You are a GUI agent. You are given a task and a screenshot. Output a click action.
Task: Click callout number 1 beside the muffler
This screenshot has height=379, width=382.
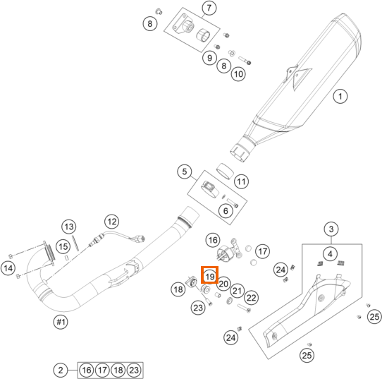pyautogui.click(x=340, y=96)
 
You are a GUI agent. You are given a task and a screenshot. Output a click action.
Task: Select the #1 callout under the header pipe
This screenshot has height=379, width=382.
pyautogui.click(x=61, y=322)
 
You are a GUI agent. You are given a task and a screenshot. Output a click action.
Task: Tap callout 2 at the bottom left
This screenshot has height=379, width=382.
pyautogui.click(x=61, y=370)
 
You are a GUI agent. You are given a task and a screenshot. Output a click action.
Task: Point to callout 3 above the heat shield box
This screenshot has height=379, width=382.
pyautogui.click(x=331, y=229)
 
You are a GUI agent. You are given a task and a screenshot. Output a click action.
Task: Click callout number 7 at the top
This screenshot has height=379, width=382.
pyautogui.click(x=209, y=8)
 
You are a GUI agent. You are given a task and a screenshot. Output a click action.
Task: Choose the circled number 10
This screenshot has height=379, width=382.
pyautogui.click(x=238, y=73)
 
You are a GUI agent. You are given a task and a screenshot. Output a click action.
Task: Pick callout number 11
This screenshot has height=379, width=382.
pyautogui.click(x=242, y=181)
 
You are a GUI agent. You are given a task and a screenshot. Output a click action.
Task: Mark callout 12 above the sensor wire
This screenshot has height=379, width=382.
pyautogui.click(x=112, y=222)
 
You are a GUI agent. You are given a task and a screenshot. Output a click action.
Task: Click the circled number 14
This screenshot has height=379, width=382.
pyautogui.click(x=8, y=268)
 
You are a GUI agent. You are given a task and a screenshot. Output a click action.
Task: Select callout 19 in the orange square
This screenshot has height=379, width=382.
pyautogui.click(x=209, y=277)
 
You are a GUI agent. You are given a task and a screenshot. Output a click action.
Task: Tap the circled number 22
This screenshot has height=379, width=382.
pyautogui.click(x=251, y=298)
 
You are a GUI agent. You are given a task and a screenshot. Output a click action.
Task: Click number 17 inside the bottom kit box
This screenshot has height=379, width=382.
pyautogui.click(x=102, y=371)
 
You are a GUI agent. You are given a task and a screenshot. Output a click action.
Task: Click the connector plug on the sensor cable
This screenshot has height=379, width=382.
pyautogui.click(x=140, y=239)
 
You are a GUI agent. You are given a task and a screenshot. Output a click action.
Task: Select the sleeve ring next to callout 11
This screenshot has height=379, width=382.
pyautogui.click(x=225, y=172)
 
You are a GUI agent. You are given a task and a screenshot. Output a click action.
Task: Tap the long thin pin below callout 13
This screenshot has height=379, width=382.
pyautogui.click(x=75, y=243)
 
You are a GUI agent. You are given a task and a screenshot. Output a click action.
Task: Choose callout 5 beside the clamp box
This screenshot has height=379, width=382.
pyautogui.click(x=185, y=172)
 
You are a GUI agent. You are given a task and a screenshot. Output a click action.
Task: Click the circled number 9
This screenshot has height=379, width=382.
pyautogui.click(x=209, y=58)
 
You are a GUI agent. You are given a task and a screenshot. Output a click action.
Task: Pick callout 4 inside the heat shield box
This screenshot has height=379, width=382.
pyautogui.click(x=330, y=254)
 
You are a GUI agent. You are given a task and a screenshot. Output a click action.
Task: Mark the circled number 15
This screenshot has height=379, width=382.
pyautogui.click(x=63, y=246)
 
